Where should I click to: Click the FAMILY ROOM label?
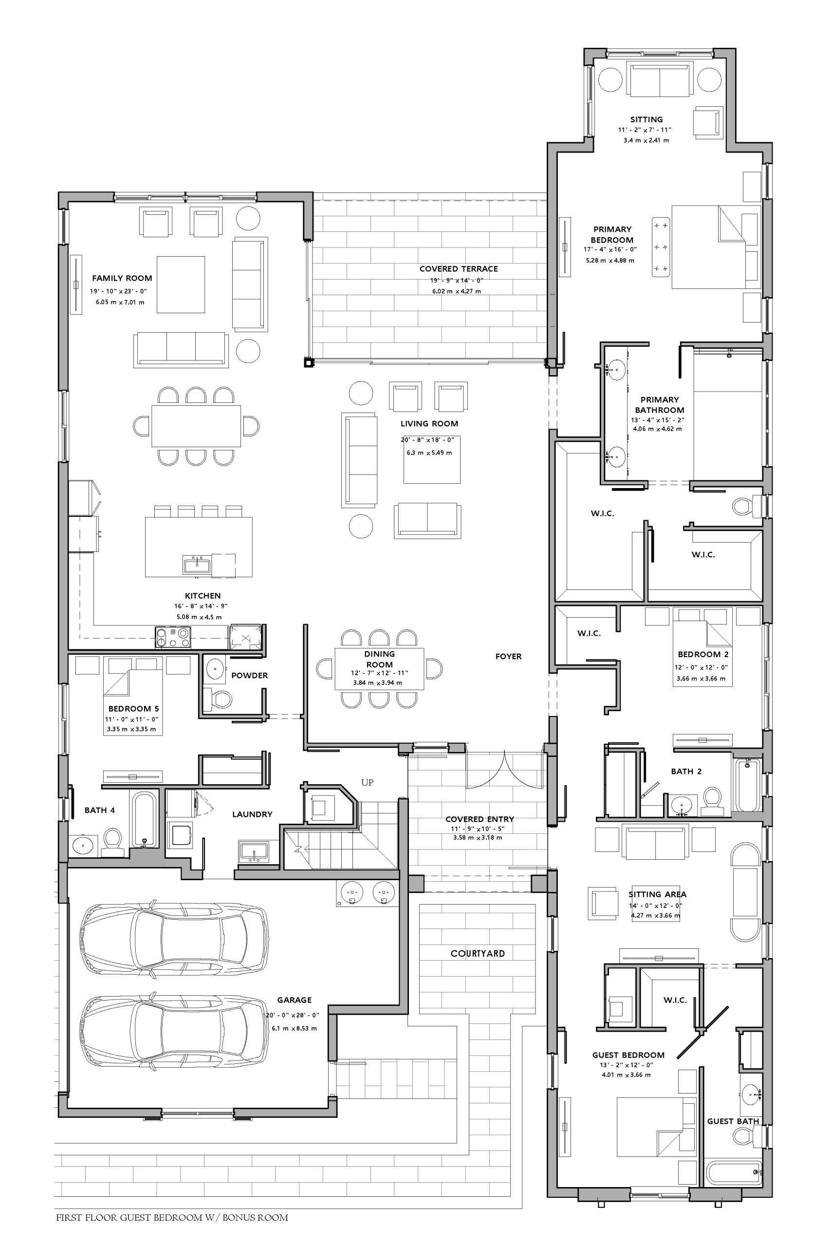(122, 278)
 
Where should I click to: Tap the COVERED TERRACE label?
(459, 269)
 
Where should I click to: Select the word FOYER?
(508, 656)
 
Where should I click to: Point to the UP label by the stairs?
(367, 783)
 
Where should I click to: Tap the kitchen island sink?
(197, 565)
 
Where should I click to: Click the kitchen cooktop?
(173, 637)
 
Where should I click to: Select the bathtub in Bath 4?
(144, 819)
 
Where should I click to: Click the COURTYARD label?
(478, 953)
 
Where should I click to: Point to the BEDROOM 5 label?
(133, 709)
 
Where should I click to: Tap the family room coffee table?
(181, 284)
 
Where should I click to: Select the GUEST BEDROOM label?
(628, 1055)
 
